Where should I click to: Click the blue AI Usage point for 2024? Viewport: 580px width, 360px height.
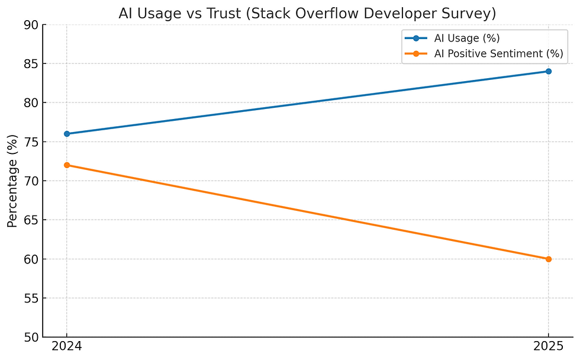point(67,134)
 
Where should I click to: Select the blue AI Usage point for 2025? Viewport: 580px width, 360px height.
point(549,71)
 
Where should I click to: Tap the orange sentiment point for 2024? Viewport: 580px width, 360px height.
point(67,165)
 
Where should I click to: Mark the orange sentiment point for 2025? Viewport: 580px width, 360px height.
point(549,259)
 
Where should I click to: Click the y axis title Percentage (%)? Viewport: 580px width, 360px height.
point(12,181)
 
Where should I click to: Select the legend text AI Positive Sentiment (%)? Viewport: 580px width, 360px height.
point(499,54)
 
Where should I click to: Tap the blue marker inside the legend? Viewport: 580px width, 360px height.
point(417,38)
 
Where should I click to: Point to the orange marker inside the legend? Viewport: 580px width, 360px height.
point(417,54)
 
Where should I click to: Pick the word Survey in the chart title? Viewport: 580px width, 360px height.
point(471,13)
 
